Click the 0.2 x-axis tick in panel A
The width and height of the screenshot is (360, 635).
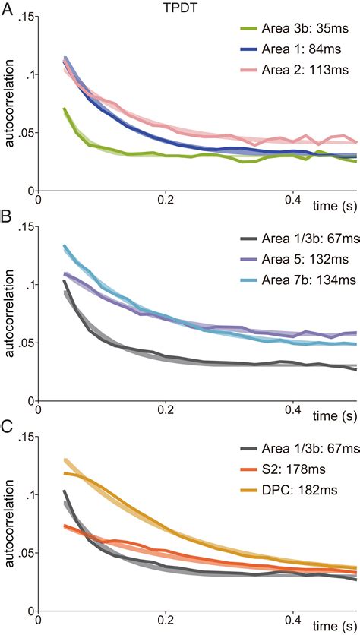point(163,201)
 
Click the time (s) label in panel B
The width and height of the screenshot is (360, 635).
point(335,411)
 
